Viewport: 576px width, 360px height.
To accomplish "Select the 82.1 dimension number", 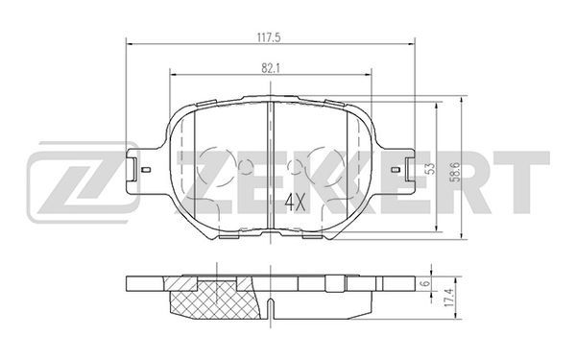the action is pos(271,68).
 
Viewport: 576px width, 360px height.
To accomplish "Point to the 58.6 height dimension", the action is pos(456,172).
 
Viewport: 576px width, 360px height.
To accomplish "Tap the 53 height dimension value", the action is pos(431,168).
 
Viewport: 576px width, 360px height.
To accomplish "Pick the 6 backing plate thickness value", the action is pos(425,283).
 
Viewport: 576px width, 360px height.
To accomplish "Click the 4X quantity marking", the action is pos(295,203).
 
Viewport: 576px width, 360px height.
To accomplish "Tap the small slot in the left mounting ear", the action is pos(146,169).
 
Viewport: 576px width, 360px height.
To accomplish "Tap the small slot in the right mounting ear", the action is pos(396,169).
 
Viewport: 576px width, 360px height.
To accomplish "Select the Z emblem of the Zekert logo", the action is pos(83,181).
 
